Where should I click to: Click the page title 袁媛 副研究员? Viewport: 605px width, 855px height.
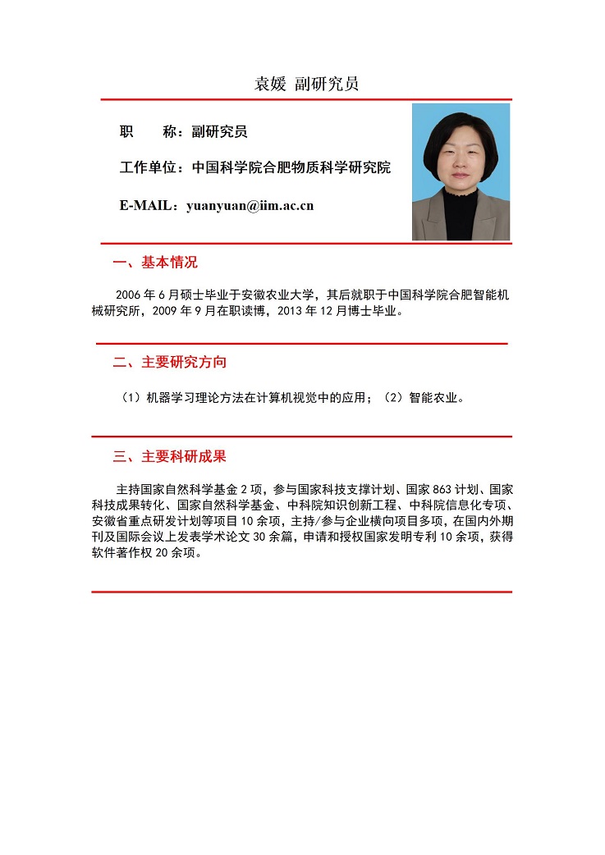[x=305, y=84]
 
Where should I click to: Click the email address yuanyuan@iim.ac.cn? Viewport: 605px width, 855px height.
[x=250, y=205]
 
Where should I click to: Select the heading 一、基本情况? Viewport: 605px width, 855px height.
[x=155, y=263]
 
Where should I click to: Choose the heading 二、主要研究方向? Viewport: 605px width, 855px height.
[x=169, y=362]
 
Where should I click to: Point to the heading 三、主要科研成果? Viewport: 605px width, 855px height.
[x=169, y=456]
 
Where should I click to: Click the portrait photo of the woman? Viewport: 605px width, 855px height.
[x=461, y=171]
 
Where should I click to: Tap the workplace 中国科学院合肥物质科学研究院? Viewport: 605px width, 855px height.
[x=291, y=167]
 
